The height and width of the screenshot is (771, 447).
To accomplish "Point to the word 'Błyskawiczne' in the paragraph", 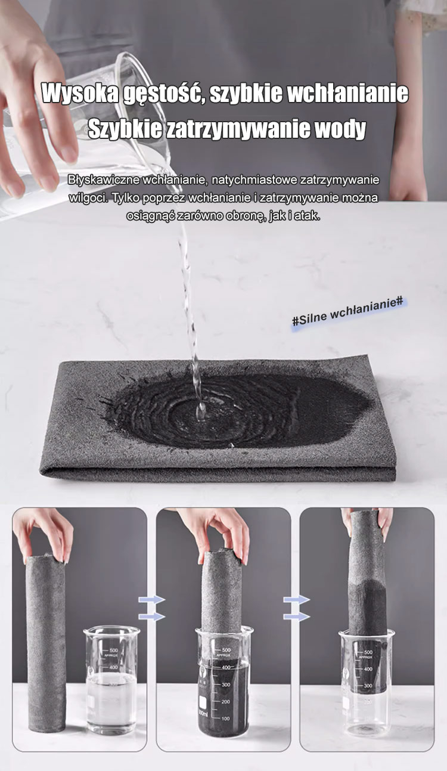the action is click(103, 179).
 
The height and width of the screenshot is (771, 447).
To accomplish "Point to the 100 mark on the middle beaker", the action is click(225, 719).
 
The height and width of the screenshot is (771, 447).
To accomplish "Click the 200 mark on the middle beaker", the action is click(225, 701).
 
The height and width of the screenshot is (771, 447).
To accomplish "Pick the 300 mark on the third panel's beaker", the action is click(368, 686).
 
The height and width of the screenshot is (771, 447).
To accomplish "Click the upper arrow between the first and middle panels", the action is click(152, 600).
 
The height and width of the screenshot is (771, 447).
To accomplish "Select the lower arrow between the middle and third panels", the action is click(297, 616).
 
